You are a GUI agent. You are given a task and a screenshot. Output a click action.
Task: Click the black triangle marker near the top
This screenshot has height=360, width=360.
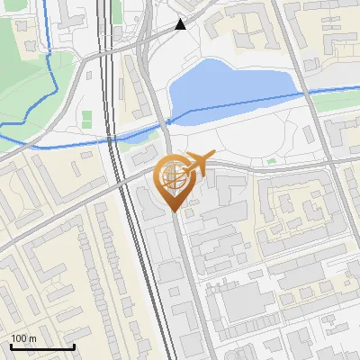181,24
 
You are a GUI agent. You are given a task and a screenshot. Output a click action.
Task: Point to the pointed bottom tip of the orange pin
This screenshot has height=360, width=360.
174,212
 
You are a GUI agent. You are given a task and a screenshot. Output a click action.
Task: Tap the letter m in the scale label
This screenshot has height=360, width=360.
33,338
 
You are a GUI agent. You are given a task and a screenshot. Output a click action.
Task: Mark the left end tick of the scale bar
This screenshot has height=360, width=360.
10,346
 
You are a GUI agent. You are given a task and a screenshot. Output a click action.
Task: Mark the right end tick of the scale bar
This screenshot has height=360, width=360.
75,346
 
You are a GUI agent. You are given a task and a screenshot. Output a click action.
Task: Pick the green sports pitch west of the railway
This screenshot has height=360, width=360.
87,119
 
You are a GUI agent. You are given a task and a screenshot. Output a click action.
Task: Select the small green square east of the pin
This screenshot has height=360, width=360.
271,162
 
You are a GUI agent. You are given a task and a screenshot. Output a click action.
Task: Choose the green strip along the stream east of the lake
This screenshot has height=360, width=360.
333,101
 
